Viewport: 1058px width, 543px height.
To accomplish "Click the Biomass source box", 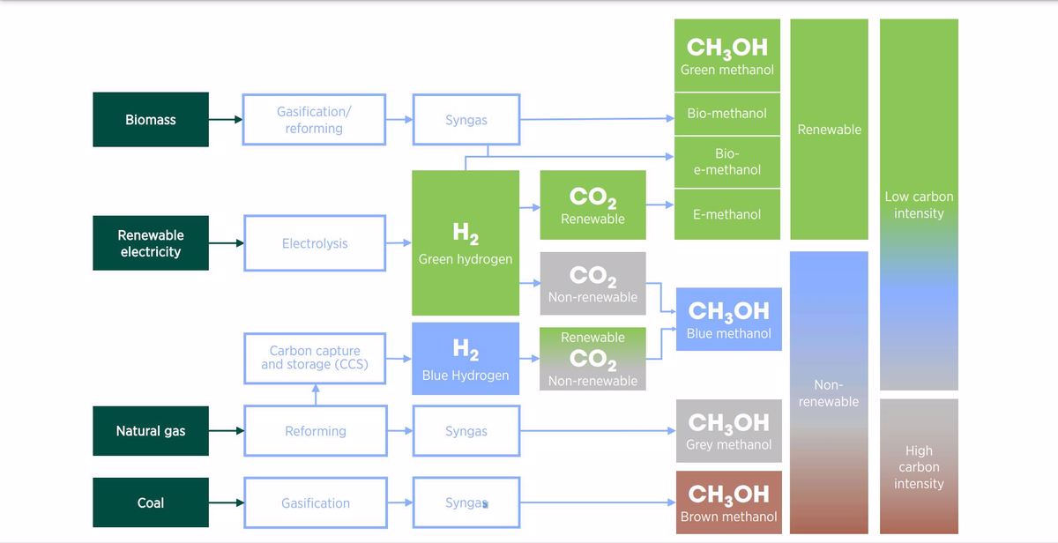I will tap(151, 120).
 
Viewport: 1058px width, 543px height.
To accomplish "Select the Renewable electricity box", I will tap(151, 243).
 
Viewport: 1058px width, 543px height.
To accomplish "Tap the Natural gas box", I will tap(151, 431).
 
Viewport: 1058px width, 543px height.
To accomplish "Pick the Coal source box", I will tap(151, 503).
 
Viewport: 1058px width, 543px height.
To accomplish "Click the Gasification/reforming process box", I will tap(315, 120).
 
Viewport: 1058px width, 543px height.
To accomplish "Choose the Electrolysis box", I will tap(315, 243).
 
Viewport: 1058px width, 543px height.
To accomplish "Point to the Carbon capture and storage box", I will tap(315, 358).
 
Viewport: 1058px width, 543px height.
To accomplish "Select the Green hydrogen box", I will tap(466, 243).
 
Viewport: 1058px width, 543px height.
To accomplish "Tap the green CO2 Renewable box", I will tap(592, 205).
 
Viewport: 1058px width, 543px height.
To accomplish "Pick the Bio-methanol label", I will tap(727, 114).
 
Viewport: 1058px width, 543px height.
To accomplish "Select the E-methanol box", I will tap(727, 214).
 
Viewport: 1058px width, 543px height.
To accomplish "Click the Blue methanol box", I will tap(728, 319).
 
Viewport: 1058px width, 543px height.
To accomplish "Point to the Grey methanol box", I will tap(728, 431).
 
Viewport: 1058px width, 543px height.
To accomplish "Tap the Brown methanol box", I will tap(728, 503).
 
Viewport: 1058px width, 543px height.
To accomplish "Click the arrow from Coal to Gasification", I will tap(227, 503).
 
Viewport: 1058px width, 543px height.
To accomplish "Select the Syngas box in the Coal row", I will tap(466, 503).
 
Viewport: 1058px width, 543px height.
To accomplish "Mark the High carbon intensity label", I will tap(919, 467).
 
